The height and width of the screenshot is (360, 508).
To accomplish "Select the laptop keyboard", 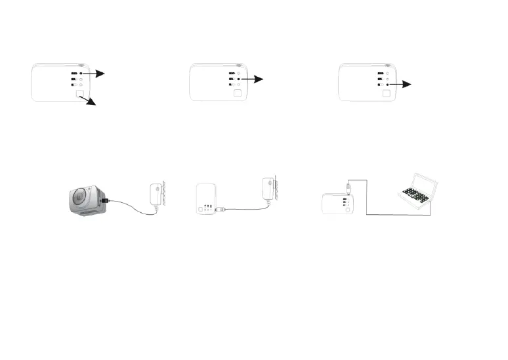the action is point(413,194).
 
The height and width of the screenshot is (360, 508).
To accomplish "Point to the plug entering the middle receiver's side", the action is point(222,209).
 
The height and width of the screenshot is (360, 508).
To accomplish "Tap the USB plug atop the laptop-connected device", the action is point(347,189).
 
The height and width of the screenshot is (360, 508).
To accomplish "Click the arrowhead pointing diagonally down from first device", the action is point(93,103).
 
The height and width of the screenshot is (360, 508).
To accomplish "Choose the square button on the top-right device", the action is point(386,93).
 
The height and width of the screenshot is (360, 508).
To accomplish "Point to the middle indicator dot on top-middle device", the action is point(238,79).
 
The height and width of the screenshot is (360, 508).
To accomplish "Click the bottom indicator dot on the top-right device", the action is point(387,85).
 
